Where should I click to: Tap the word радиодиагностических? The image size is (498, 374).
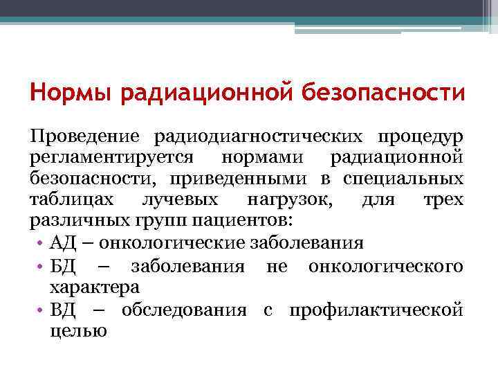(x=266, y=136)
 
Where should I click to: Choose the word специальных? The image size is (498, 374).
(x=403, y=179)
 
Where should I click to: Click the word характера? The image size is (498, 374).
(x=94, y=287)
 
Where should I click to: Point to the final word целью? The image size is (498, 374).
(x=77, y=331)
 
